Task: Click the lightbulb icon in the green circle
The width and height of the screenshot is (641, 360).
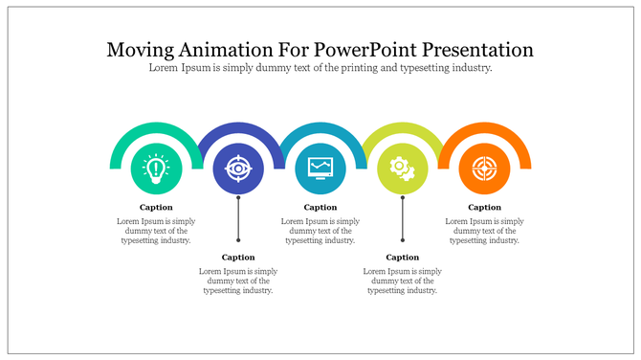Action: [x=156, y=169]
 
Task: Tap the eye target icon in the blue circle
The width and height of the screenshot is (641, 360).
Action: [x=238, y=169]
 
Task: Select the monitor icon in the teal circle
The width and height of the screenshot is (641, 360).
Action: [x=320, y=169]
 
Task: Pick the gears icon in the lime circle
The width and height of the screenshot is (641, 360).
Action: [x=403, y=169]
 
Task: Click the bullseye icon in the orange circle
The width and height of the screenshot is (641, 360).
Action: [x=484, y=169]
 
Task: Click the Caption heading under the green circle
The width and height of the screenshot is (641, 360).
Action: [x=156, y=207]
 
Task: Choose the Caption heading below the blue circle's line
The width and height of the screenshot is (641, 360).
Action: [x=238, y=257]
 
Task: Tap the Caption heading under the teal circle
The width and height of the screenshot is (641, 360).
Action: [x=320, y=207]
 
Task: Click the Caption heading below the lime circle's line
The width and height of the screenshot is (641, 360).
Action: [x=403, y=257]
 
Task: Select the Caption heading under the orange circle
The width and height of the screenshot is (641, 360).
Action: [x=484, y=207]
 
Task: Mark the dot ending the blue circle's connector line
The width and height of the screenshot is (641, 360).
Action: [x=238, y=239]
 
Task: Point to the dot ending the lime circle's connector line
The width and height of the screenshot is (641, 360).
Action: [x=403, y=239]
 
